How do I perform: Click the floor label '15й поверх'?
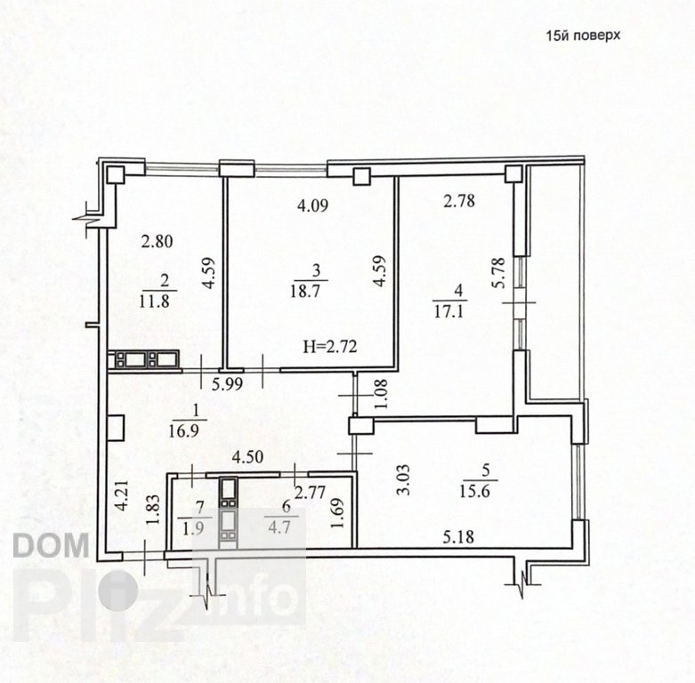tap(583, 36)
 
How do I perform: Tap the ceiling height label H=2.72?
tap(330, 346)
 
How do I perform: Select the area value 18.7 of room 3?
tap(306, 291)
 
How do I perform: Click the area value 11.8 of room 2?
tap(154, 301)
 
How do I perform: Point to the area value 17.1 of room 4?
tap(449, 312)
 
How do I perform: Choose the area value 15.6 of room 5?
tap(474, 491)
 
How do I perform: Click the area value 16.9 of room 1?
tap(183, 431)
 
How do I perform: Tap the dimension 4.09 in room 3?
tap(313, 206)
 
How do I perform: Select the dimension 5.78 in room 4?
tap(498, 273)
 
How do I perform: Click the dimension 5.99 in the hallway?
tap(228, 384)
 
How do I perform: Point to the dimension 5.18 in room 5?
tap(458, 537)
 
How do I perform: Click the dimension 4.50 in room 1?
tap(248, 456)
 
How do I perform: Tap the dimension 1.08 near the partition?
tap(381, 394)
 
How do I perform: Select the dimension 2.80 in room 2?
tap(157, 242)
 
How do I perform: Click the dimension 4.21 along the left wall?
tap(122, 496)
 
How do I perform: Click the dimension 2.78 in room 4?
tap(460, 201)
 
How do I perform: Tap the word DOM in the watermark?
tap(51, 546)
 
